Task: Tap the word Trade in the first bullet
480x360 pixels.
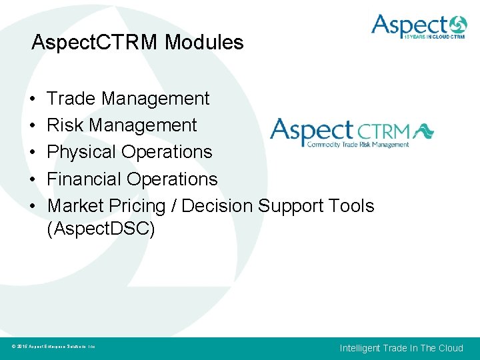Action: click(x=72, y=99)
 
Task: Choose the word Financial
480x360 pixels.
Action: click(x=85, y=179)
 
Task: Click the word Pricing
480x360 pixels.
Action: click(x=141, y=206)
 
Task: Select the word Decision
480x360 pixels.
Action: click(x=217, y=205)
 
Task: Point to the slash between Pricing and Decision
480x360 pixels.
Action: click(x=174, y=205)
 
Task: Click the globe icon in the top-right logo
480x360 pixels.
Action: click(x=458, y=26)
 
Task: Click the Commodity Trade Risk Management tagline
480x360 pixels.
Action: click(x=357, y=144)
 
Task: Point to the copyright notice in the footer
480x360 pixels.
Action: click(x=54, y=347)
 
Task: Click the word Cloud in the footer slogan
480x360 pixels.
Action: click(x=450, y=348)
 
